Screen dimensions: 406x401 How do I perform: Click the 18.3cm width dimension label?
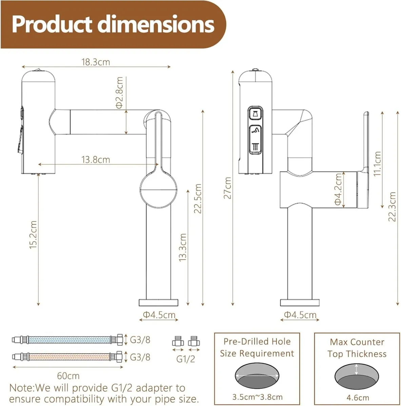click(96, 62)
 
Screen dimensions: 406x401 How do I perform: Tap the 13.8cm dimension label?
click(96, 159)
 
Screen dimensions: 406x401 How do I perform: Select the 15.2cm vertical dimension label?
click(33, 235)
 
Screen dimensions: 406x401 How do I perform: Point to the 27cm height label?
click(227, 188)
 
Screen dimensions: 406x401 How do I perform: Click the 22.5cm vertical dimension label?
click(198, 199)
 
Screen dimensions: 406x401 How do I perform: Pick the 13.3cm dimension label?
click(183, 247)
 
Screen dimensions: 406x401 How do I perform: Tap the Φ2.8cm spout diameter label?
click(120, 92)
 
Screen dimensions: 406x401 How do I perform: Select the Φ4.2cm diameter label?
click(338, 189)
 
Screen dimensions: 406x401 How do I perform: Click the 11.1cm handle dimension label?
click(377, 163)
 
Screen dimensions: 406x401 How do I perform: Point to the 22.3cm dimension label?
click(392, 206)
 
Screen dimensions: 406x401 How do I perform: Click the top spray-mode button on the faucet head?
click(255, 114)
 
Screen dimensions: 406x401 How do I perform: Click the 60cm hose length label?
click(68, 376)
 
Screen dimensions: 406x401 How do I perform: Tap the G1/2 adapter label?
click(186, 359)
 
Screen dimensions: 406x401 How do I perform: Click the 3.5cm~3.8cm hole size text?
click(257, 397)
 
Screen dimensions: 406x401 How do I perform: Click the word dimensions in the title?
click(156, 24)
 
